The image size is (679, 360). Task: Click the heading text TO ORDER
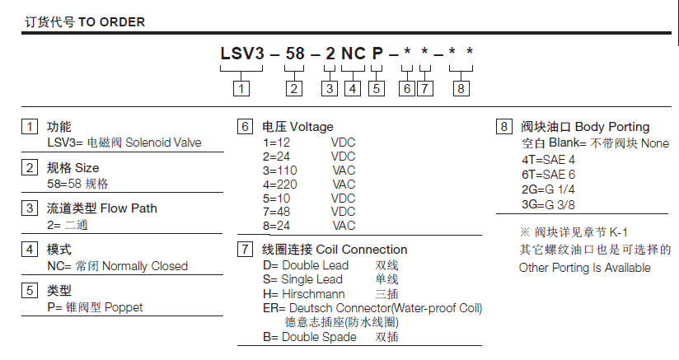click(x=111, y=22)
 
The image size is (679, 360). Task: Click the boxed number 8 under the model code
click(x=461, y=87)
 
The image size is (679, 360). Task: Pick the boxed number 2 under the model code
click(x=294, y=87)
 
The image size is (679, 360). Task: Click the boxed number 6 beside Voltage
click(x=245, y=127)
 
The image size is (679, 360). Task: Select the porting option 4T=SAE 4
click(x=548, y=159)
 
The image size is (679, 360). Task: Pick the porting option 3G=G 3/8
click(x=549, y=203)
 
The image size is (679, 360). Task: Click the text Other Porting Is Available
click(x=584, y=268)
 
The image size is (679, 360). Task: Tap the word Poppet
click(x=123, y=307)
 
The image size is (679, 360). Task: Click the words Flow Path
click(x=129, y=208)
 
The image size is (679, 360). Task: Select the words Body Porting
click(x=611, y=127)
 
